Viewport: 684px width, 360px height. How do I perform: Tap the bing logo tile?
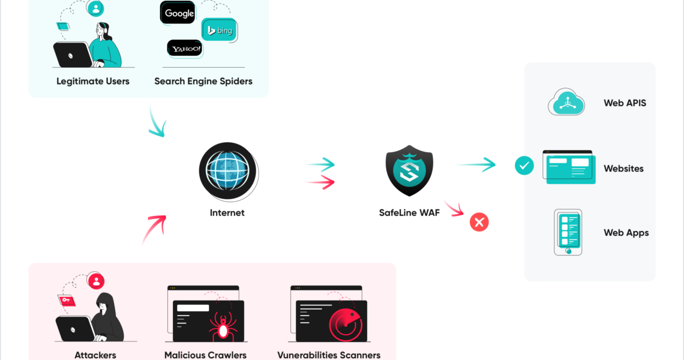click(218, 29)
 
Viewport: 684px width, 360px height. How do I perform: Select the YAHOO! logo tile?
click(184, 49)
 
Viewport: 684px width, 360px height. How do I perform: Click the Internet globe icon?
click(227, 172)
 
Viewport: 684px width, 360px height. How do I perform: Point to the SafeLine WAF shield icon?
click(409, 170)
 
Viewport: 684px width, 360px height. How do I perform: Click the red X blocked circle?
click(479, 223)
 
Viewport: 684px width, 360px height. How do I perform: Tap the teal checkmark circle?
click(524, 166)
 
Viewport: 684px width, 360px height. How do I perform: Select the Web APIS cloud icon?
click(566, 103)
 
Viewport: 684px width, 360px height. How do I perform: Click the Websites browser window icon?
click(568, 167)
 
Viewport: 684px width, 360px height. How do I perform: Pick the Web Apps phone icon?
click(568, 232)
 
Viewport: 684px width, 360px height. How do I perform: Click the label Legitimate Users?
click(93, 81)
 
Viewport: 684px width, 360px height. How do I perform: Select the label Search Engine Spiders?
click(203, 81)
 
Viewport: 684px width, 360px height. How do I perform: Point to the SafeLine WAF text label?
click(409, 212)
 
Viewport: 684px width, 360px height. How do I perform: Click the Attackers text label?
click(95, 355)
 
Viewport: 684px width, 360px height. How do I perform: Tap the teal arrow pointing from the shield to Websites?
click(477, 164)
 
